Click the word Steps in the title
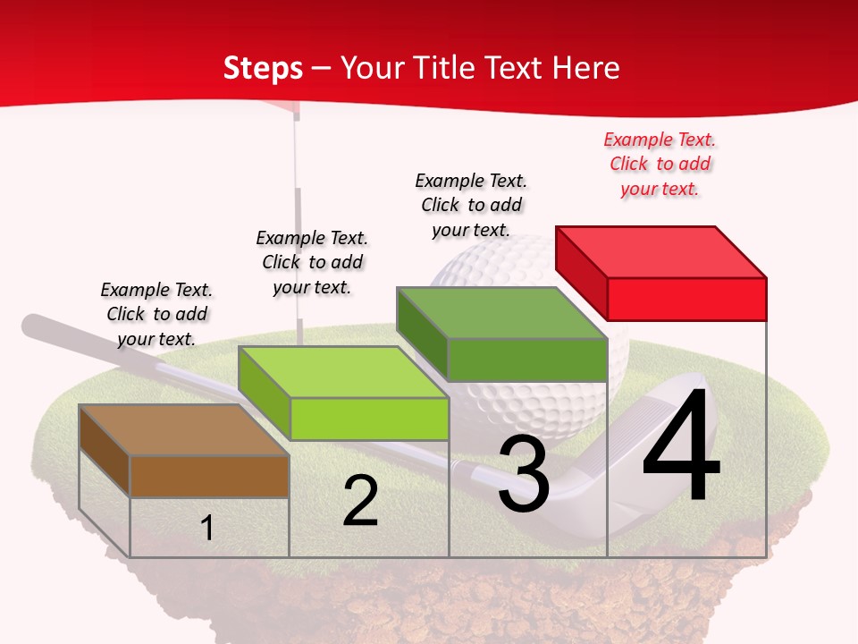[263, 68]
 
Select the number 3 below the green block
[524, 474]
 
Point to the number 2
[360, 501]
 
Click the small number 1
[207, 528]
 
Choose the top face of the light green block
[343, 372]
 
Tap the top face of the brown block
[184, 430]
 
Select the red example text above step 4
[660, 164]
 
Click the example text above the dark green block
[471, 205]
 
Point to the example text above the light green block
[312, 262]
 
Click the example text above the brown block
[156, 314]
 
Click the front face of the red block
[686, 299]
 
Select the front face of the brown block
[209, 476]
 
